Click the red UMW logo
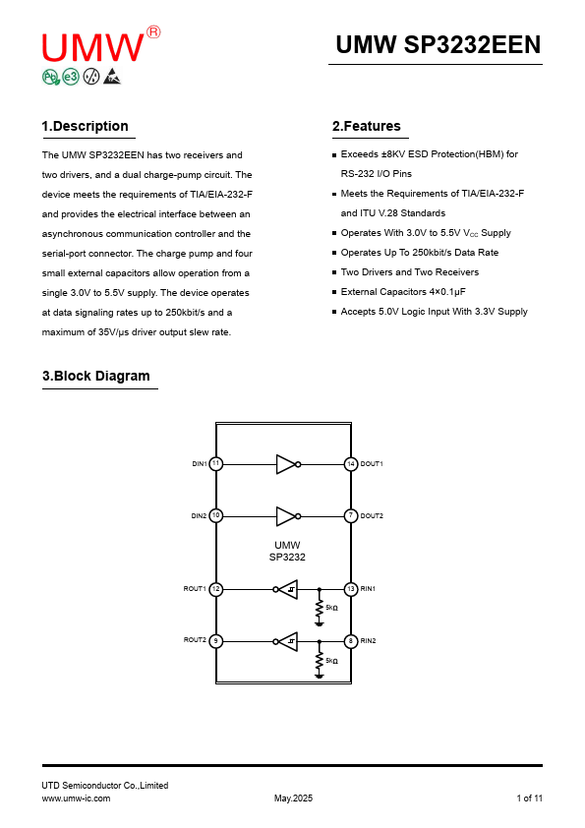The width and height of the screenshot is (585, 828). pyautogui.click(x=101, y=45)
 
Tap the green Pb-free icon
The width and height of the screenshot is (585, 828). pyautogui.click(x=51, y=77)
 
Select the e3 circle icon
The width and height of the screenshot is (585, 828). pyautogui.click(x=71, y=77)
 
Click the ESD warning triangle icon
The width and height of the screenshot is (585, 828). pyautogui.click(x=112, y=77)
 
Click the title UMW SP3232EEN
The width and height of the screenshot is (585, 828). pyautogui.click(x=439, y=45)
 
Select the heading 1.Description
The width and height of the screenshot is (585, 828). pyautogui.click(x=85, y=126)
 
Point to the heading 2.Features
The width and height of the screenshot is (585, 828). pyautogui.click(x=367, y=126)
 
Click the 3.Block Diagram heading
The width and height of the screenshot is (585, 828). pyautogui.click(x=96, y=376)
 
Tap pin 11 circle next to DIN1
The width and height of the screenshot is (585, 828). pyautogui.click(x=216, y=463)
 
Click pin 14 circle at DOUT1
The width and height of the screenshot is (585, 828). pyautogui.click(x=351, y=464)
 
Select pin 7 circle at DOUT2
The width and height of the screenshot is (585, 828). pyautogui.click(x=351, y=516)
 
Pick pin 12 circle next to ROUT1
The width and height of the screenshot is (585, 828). pyautogui.click(x=216, y=589)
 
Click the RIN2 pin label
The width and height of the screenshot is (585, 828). pyautogui.click(x=368, y=640)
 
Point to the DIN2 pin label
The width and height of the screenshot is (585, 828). pyautogui.click(x=199, y=516)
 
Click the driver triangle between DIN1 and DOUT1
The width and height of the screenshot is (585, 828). pyautogui.click(x=286, y=464)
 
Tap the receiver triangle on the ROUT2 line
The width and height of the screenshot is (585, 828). pyautogui.click(x=288, y=641)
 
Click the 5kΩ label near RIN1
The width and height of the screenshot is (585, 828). pyautogui.click(x=331, y=608)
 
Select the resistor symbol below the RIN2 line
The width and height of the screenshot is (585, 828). pyautogui.click(x=319, y=661)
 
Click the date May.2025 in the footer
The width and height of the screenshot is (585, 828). pyautogui.click(x=293, y=798)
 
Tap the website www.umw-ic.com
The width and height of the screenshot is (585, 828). pyautogui.click(x=76, y=798)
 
